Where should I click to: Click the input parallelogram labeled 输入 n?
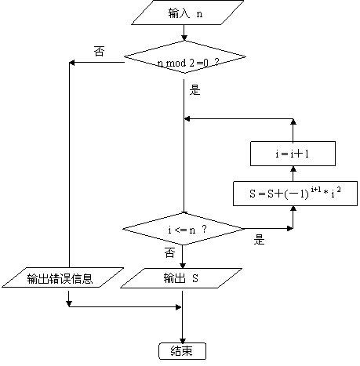(x=187, y=13)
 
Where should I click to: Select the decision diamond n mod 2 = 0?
(x=185, y=57)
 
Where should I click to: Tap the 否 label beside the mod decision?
(x=99, y=51)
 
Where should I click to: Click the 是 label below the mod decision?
(x=195, y=90)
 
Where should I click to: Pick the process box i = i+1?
(x=293, y=154)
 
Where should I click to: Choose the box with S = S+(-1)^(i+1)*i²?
(x=295, y=194)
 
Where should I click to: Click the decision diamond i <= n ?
(x=184, y=229)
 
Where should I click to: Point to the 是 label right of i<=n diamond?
(x=259, y=239)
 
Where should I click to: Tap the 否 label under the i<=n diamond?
(x=169, y=253)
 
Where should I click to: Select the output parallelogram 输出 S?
(x=181, y=278)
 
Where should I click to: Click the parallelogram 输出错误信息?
(x=63, y=277)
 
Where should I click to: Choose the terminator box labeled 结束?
(x=182, y=351)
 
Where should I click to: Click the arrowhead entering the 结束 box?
(x=183, y=341)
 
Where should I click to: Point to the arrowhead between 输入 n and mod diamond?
(x=184, y=38)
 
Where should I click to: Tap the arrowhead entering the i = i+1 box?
(x=293, y=169)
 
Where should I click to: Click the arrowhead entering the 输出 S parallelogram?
(x=183, y=266)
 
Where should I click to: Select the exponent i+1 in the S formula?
(x=316, y=189)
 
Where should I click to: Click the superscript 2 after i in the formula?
(x=339, y=189)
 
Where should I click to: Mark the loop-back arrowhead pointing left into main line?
(x=187, y=119)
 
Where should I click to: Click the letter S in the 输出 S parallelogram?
(x=195, y=278)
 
